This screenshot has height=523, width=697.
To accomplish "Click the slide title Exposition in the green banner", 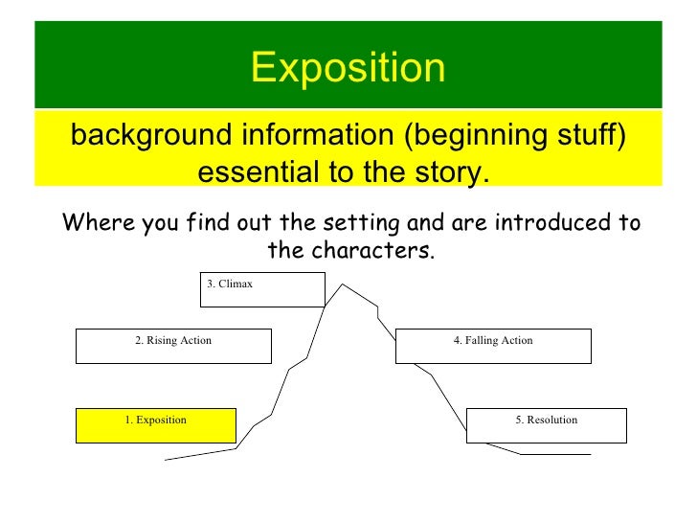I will [x=348, y=68].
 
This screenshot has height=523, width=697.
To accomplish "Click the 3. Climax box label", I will [x=230, y=284].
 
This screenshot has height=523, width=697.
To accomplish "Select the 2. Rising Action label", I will [x=173, y=340].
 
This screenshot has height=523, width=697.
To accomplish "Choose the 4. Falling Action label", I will [x=492, y=340].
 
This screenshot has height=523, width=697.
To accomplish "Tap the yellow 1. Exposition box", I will [x=155, y=424].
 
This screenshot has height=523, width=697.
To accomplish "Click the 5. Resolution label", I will [x=546, y=420].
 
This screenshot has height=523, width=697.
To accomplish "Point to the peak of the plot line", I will [x=344, y=284].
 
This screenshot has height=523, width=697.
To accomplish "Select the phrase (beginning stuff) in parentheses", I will [x=514, y=137].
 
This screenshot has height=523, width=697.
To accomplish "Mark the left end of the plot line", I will [x=166, y=460].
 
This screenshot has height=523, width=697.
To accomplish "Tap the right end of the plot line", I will [x=590, y=454].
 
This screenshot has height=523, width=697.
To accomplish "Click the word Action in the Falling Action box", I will [x=516, y=340].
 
